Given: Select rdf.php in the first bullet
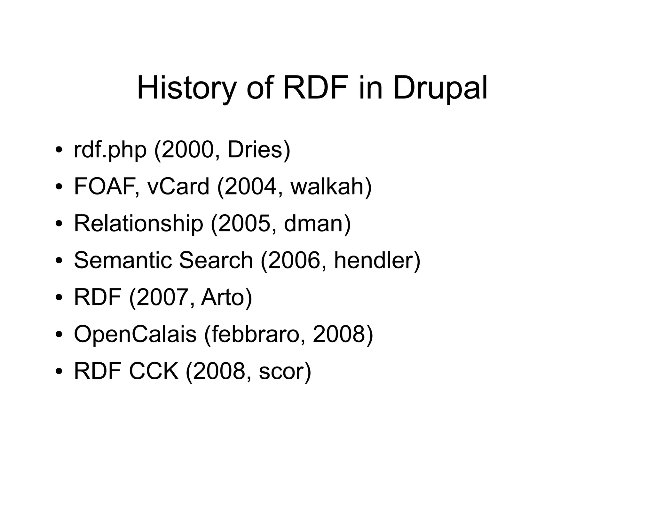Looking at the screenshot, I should click(x=110, y=150).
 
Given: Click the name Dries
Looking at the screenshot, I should click(x=255, y=150).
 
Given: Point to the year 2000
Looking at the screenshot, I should click(x=187, y=150).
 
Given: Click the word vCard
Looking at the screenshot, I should click(x=178, y=186).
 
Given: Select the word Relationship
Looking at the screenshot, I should click(x=138, y=223).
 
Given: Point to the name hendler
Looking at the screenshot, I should click(x=373, y=260).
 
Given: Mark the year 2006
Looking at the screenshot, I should click(x=294, y=260).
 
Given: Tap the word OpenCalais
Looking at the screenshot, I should click(x=135, y=334).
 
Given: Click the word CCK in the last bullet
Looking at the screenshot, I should click(x=154, y=371).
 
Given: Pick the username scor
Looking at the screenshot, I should click(x=281, y=371).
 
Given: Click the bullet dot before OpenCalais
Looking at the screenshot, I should click(x=58, y=335).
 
